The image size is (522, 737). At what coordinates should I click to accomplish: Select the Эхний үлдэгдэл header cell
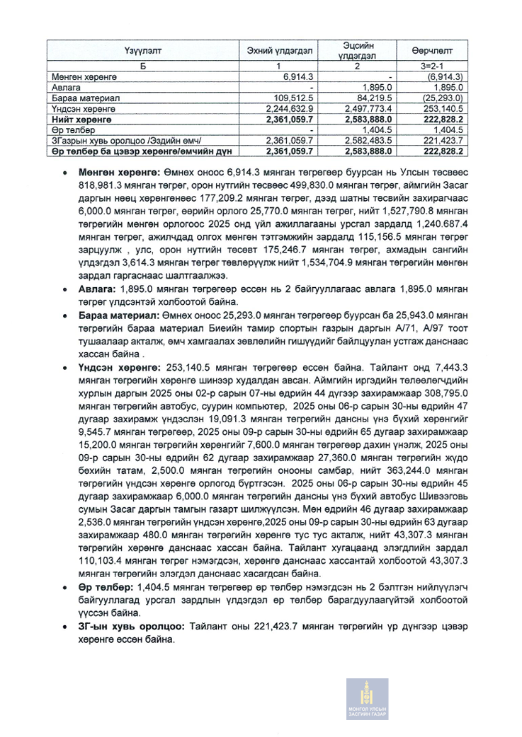tap(269, 51)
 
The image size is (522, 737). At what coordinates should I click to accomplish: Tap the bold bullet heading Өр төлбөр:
tap(106, 588)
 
